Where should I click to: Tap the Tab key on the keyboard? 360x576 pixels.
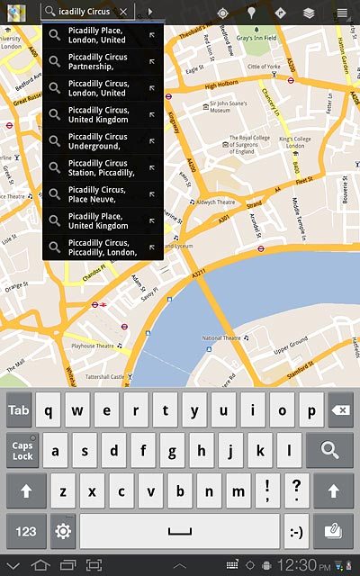(19, 409)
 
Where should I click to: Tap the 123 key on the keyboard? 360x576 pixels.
(26, 531)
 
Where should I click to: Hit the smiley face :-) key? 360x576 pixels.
(294, 531)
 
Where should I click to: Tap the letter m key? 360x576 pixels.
(238, 491)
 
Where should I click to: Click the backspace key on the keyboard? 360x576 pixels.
(339, 409)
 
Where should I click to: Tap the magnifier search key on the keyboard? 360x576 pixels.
(329, 450)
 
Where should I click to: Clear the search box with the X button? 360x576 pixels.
(122, 12)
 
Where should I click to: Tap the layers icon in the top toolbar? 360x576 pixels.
(309, 13)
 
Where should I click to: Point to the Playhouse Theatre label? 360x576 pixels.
(94, 346)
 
